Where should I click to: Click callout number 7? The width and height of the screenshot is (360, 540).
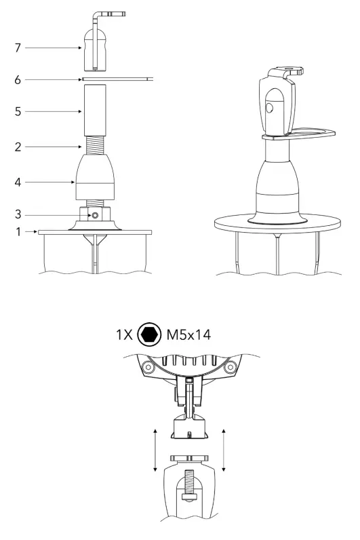[x=18, y=48]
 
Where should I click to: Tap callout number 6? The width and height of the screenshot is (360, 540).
[x=18, y=80]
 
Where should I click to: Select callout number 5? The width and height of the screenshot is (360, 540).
[x=18, y=111]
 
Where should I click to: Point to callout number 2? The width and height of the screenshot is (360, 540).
[x=18, y=147]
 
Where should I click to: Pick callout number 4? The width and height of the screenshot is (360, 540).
[x=18, y=182]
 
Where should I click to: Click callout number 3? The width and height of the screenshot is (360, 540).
[x=18, y=214]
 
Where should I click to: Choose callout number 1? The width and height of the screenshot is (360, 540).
[x=18, y=232]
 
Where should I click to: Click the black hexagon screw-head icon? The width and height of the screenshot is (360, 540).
[x=149, y=334]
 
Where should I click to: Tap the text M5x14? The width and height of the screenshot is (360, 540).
[x=188, y=334]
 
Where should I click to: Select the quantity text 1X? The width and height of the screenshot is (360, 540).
[x=124, y=334]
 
